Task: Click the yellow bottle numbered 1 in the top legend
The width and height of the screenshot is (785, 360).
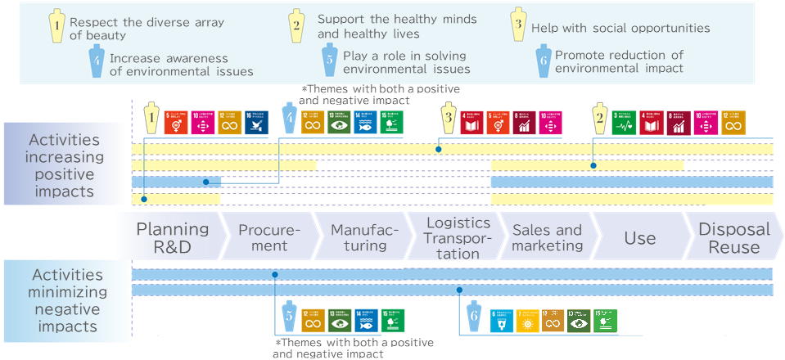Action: tap(56, 29)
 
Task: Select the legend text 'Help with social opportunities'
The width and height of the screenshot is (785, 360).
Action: tap(620, 28)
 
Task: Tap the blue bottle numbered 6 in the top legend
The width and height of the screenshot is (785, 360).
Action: tap(542, 61)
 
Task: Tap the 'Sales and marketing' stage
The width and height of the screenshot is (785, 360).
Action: tap(546, 237)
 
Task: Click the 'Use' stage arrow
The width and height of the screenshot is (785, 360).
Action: tap(639, 238)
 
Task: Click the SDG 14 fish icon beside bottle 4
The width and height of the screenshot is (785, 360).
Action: tap(365, 123)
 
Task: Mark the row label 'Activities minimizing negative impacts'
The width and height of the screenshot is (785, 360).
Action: tap(67, 301)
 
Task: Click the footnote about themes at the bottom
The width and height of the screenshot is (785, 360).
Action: tap(354, 348)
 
